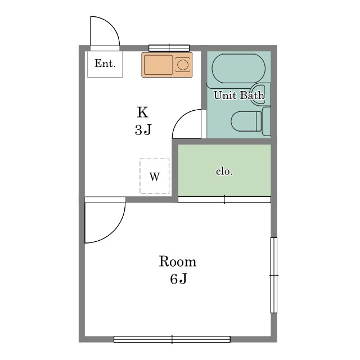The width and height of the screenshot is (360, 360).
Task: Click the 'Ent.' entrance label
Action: coord(105,64)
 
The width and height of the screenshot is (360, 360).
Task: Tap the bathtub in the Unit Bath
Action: coord(238,69)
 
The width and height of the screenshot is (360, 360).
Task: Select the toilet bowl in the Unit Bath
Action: coord(246,121)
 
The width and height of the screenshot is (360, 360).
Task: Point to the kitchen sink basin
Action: coord(158,65)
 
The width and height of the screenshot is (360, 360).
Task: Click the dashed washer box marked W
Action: coord(155,176)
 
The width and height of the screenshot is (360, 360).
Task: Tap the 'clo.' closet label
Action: coord(224,172)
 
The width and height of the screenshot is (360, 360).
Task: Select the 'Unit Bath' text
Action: coord(239,95)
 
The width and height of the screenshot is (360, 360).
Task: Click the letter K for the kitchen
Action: coord(142,112)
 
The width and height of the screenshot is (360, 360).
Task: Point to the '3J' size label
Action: coord(143,130)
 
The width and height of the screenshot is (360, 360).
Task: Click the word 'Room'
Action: coord(178,261)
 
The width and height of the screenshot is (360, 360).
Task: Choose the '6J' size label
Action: coord(179,279)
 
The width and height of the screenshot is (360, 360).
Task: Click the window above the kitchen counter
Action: coord(169,48)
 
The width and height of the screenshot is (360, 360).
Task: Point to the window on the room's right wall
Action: coord(274,275)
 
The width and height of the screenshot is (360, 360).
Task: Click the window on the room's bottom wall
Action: coord(172,339)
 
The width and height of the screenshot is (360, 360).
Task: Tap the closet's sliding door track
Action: coord(224,200)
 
